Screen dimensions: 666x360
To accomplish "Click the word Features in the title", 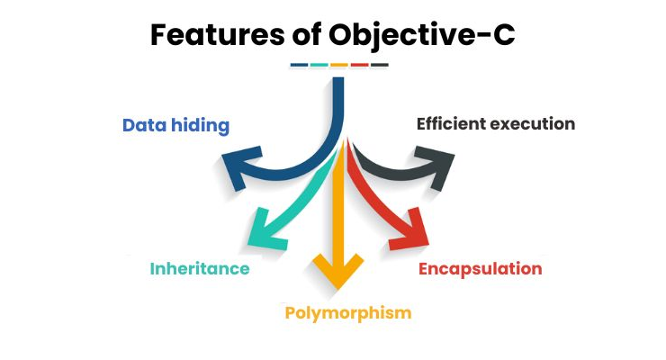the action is click(218, 34).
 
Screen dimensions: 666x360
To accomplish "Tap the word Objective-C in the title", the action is click(422, 36).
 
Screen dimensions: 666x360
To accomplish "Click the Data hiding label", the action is click(175, 126).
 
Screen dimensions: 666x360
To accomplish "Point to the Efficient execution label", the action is click(496, 124).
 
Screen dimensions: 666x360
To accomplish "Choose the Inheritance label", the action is click(200, 269).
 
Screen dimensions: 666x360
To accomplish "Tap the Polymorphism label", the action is click(348, 313).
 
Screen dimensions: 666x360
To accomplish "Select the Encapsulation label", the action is click(481, 269).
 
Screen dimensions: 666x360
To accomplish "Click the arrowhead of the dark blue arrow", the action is click(241, 166).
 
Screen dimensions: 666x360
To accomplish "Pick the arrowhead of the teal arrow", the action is click(265, 229).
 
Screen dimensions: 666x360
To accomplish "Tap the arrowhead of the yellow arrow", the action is click(338, 271).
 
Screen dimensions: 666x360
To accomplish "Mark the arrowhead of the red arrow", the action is click(409, 229).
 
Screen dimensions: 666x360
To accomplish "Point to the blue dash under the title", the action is click(299, 65).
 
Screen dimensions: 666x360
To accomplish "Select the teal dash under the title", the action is click(319, 65).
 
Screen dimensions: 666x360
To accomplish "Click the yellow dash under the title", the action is click(339, 65).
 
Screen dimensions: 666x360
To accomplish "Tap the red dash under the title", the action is click(359, 65).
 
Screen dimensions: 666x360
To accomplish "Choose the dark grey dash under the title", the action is click(380, 65).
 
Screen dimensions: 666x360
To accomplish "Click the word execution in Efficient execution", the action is click(533, 124).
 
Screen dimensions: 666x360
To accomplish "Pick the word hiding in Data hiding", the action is click(200, 126).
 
